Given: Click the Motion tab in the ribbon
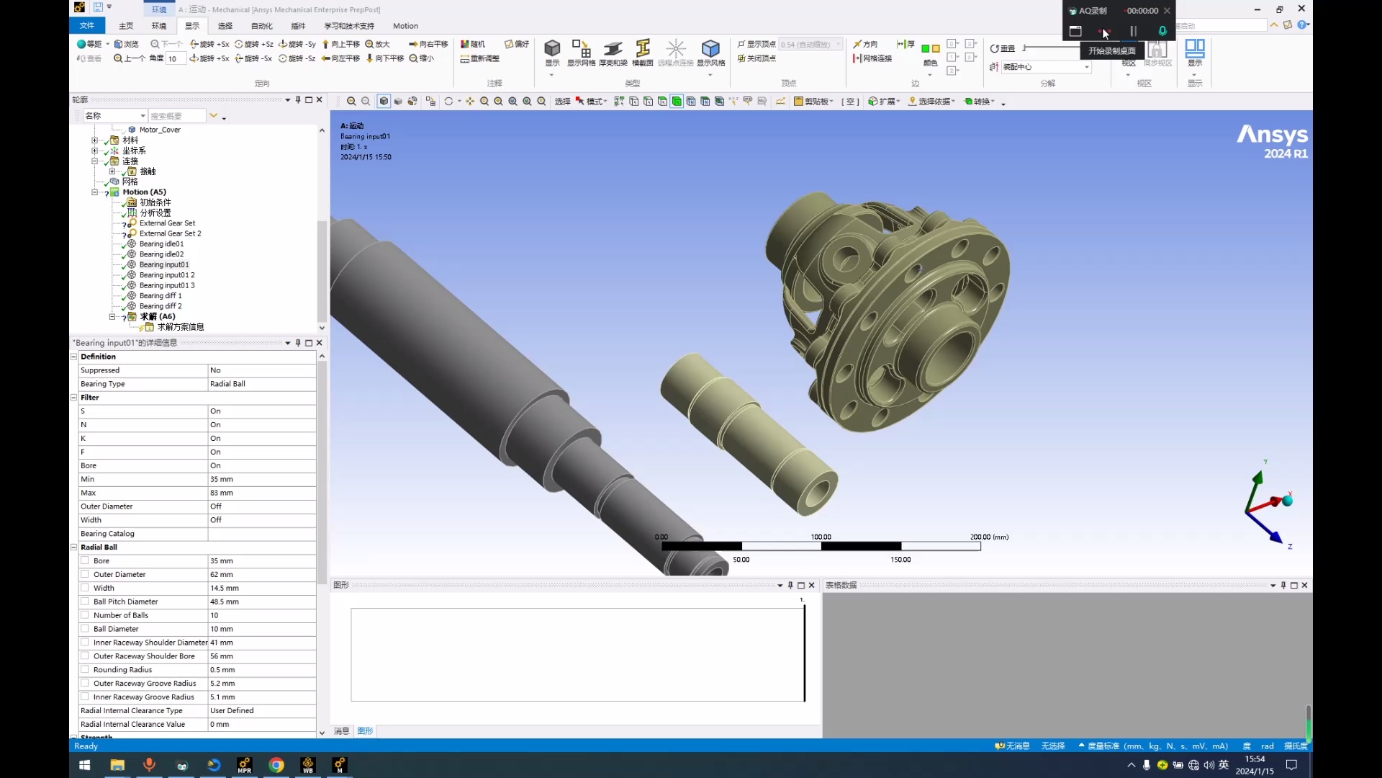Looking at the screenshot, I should coord(405,26).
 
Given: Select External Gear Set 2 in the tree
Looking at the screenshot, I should coord(170,233).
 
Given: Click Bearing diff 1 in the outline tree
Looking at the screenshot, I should coord(161,296).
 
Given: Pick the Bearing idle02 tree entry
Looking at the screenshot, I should coord(161,254).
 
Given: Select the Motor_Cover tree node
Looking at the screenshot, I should coord(160,130).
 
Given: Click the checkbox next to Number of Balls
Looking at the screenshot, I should coord(85,615).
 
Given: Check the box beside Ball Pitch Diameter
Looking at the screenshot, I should coord(85,602).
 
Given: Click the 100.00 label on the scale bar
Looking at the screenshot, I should coord(821,537).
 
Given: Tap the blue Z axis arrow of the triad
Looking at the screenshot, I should coord(1275,536).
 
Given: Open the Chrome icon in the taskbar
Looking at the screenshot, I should coord(276,765).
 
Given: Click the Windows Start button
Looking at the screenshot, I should coord(84,765).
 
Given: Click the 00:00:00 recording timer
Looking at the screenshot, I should coord(1142,11).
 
